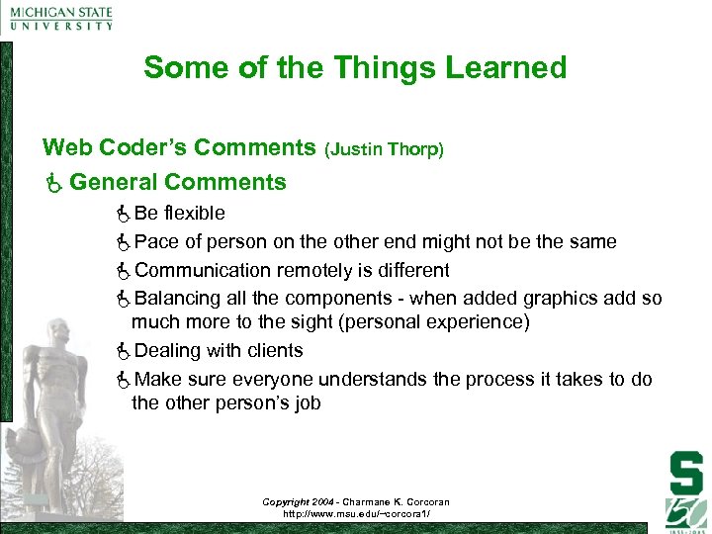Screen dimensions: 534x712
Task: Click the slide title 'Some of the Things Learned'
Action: (355, 67)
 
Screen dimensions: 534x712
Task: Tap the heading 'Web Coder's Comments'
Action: (179, 148)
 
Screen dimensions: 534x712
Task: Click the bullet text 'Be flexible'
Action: (179, 213)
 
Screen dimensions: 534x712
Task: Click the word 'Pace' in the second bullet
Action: (154, 241)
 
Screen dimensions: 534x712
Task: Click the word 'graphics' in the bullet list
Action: (566, 299)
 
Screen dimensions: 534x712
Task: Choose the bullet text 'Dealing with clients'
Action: (219, 350)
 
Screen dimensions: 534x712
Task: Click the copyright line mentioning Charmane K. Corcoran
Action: (355, 502)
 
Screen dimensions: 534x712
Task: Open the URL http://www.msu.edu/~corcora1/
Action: (355, 514)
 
